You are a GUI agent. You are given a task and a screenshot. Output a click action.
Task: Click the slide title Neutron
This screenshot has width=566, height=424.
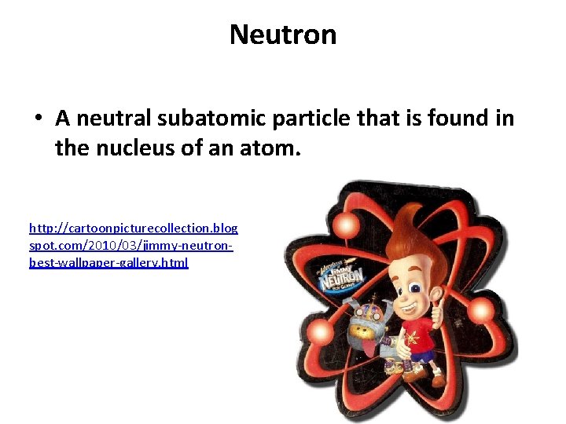pyautogui.click(x=283, y=35)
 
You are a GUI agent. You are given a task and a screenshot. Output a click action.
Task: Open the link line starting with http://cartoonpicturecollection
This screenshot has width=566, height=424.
pyautogui.click(x=133, y=228)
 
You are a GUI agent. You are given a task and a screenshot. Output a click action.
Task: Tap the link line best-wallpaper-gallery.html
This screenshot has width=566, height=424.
pyautogui.click(x=108, y=263)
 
